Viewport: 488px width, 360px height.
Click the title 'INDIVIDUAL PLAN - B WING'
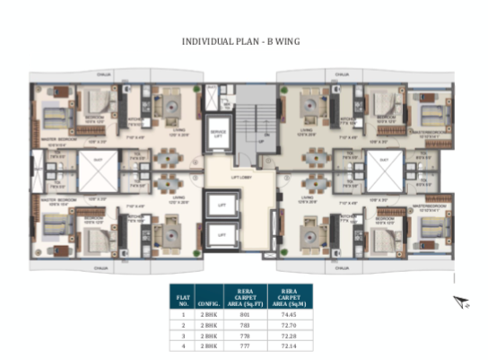(243, 41)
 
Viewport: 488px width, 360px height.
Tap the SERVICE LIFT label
(217, 135)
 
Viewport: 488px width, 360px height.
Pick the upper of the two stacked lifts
(217, 206)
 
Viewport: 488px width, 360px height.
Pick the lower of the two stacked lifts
(217, 235)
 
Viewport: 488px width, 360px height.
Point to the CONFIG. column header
(211, 300)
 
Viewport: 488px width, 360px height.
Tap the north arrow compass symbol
(461, 303)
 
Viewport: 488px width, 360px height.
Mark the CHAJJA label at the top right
(342, 75)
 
